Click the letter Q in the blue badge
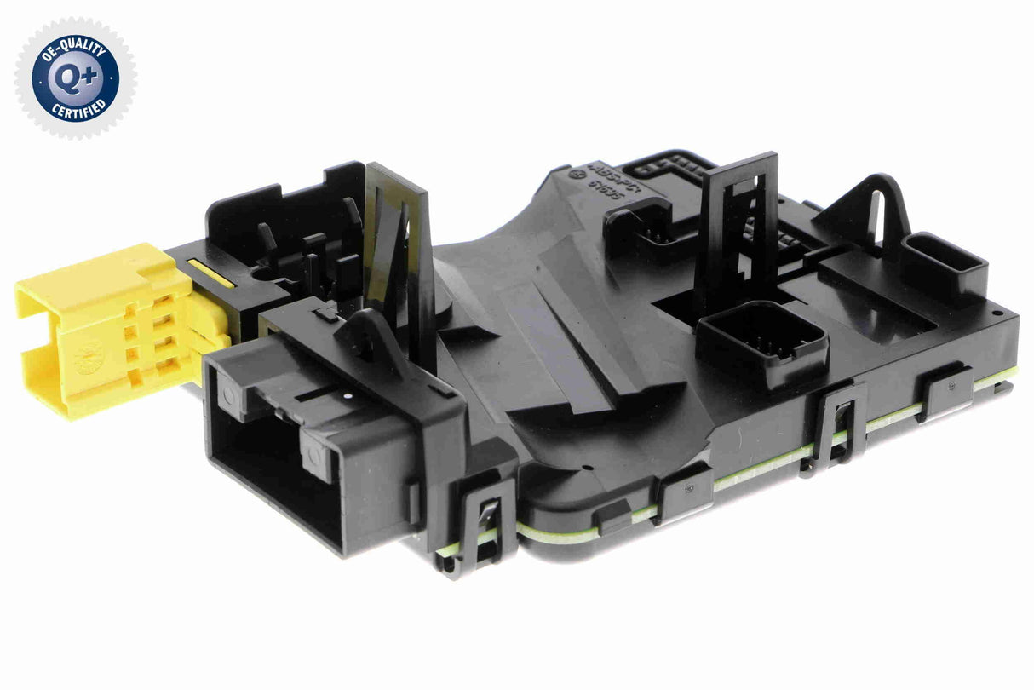(66, 78)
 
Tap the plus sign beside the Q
(88, 77)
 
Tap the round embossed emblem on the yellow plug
(88, 359)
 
